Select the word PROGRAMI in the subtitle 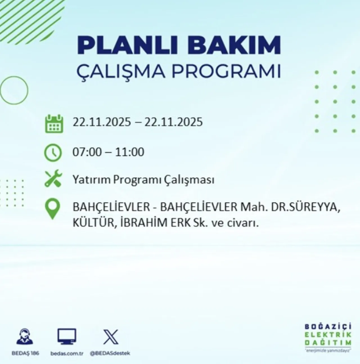pyautogui.click(x=226, y=72)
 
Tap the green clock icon pyautogui.click(x=53, y=152)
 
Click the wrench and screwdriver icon pyautogui.click(x=53, y=179)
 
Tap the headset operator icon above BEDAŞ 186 pyautogui.click(x=24, y=337)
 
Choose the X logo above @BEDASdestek pyautogui.click(x=111, y=337)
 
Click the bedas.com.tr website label pyautogui.click(x=66, y=353)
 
